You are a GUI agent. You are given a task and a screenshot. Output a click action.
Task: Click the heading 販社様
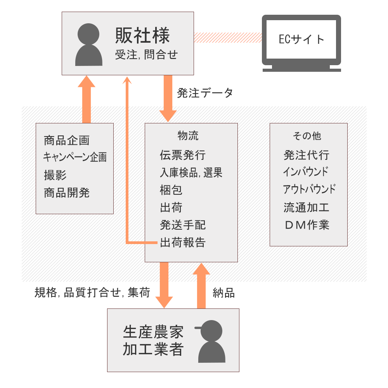pos(142,36)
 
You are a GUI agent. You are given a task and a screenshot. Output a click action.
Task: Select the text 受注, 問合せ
pos(146,55)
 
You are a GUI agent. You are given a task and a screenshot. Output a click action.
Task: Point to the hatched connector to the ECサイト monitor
pos(228,38)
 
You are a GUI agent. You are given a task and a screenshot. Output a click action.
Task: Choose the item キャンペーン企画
pos(74,157)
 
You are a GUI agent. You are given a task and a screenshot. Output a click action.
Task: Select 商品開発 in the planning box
pos(67,193)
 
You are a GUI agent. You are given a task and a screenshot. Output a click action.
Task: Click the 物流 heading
pos(188,136)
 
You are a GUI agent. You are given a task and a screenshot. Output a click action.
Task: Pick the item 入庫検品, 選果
pos(191,173)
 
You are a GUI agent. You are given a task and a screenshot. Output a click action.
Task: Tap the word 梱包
pos(171,190)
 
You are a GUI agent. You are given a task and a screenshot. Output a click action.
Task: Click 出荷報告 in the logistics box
pos(182,242)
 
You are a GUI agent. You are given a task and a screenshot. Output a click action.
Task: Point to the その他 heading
pos(307,136)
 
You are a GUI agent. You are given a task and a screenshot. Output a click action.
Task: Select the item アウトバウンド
pos(309,190)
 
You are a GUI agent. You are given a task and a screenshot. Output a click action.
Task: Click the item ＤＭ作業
pos(307,225)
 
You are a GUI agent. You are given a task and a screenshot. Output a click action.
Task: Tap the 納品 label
pos(224,293)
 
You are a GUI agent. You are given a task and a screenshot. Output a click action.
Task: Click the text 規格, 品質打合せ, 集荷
pos(92,293)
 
